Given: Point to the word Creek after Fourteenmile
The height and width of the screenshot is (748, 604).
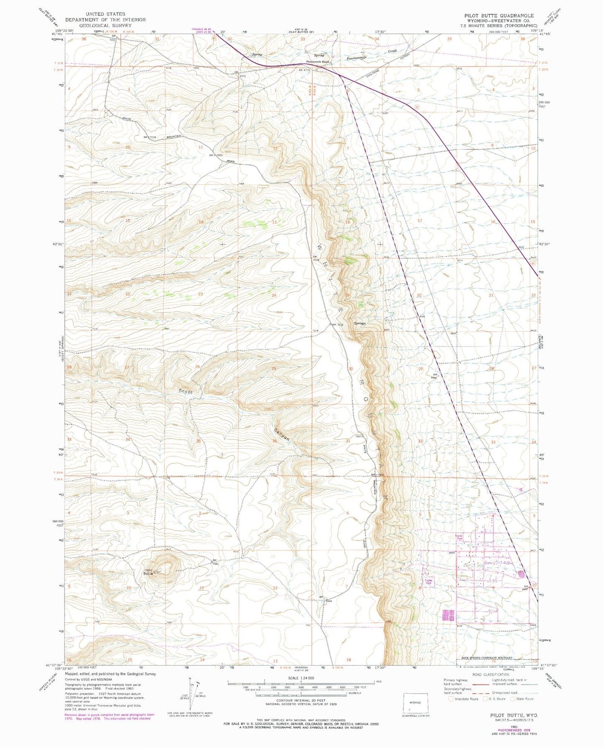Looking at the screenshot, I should coord(392,51).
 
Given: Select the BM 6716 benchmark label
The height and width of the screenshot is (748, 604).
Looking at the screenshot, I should coord(306,70).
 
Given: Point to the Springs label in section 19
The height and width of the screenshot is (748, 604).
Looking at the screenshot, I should coord(360,323).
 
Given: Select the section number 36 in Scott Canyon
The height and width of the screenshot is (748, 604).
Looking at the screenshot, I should coord(275,441).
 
